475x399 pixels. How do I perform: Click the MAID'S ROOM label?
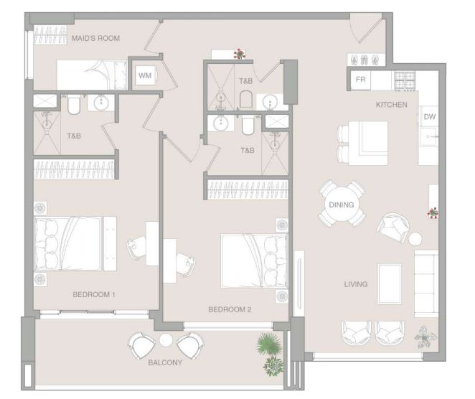(x=95, y=38)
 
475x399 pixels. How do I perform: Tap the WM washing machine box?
(x=145, y=75)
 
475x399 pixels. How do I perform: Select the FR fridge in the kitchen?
(x=360, y=80)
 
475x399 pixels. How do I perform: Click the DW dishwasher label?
(x=430, y=117)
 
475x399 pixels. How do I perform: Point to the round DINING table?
(x=342, y=205)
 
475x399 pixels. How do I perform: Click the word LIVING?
(x=356, y=284)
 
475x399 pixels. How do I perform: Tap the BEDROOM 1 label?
(x=94, y=294)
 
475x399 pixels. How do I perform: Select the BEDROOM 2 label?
(x=230, y=309)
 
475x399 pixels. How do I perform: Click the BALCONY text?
(x=165, y=362)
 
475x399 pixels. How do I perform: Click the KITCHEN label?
(x=391, y=105)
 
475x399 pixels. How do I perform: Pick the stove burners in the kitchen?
(x=405, y=80)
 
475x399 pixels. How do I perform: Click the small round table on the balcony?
(x=166, y=340)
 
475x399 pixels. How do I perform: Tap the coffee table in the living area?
(x=390, y=283)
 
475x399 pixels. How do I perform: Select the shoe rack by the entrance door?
(x=366, y=60)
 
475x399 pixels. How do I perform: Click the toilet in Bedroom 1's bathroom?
(x=74, y=105)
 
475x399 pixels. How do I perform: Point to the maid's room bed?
(x=92, y=75)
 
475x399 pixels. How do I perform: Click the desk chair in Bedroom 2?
(x=186, y=264)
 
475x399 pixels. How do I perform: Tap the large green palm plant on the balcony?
(x=268, y=343)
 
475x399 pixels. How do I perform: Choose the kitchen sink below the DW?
(x=428, y=137)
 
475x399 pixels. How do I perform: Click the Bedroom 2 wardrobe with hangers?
(x=248, y=189)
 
